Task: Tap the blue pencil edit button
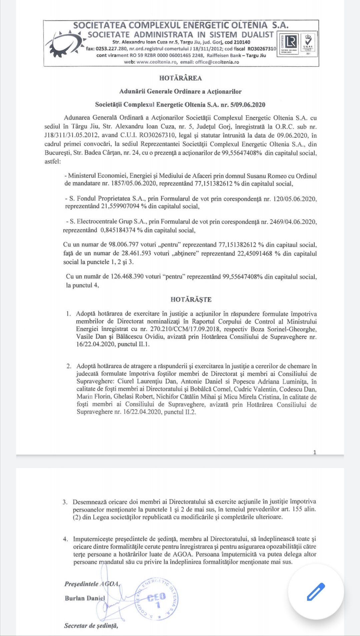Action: [316, 592]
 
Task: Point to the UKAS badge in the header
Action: [308, 43]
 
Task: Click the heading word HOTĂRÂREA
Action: [180, 78]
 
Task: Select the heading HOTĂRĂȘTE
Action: [191, 300]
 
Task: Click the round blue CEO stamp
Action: [157, 600]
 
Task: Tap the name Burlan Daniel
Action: [85, 598]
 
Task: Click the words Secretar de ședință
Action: [91, 626]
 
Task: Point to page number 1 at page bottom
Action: [315, 452]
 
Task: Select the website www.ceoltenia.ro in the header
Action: [156, 62]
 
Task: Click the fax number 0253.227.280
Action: [112, 49]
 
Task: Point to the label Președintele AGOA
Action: [92, 584]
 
